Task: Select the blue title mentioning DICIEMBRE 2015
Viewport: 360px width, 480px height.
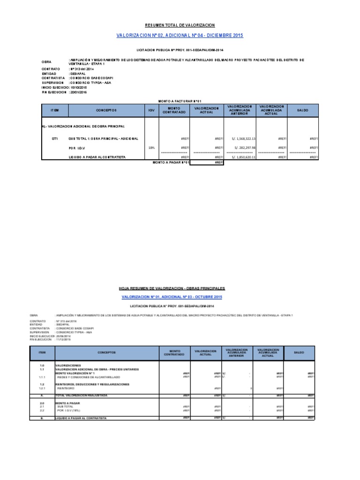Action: [x=180, y=36]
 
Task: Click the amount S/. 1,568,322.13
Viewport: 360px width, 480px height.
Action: [x=240, y=139]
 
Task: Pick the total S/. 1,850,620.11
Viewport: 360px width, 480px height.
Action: [x=240, y=157]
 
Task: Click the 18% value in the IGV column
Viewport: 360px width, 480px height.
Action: [x=151, y=147]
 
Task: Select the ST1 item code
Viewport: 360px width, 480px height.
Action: [x=55, y=139]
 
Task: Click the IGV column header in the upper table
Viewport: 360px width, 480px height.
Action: [x=151, y=111]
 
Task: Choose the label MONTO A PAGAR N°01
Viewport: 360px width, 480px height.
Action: [x=171, y=163]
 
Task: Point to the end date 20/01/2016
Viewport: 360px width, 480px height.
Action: [x=79, y=92]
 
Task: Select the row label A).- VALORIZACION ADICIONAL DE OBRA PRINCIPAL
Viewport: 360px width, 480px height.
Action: [x=83, y=127]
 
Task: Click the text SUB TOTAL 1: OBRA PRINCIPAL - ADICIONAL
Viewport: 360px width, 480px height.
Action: [x=103, y=139]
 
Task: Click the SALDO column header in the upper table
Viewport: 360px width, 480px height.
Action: [x=303, y=111]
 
